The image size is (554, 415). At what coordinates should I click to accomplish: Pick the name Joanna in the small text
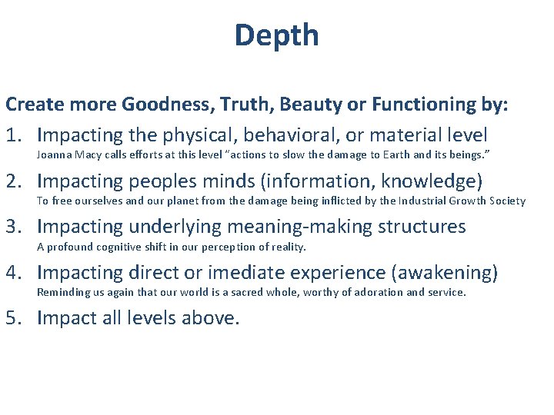[55, 156]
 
